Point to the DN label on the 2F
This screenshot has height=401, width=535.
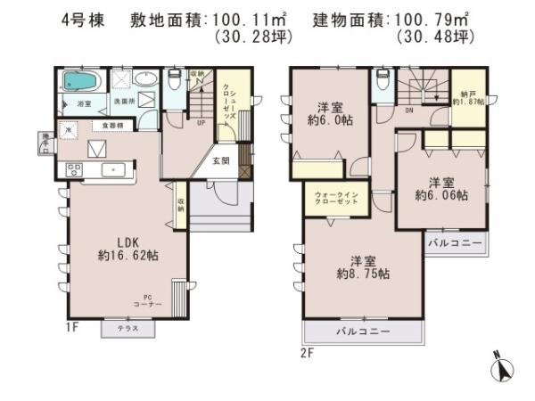408,111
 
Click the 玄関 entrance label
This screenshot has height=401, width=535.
220,161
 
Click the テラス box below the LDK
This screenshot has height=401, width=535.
127,329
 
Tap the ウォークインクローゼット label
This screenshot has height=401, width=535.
337,198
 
